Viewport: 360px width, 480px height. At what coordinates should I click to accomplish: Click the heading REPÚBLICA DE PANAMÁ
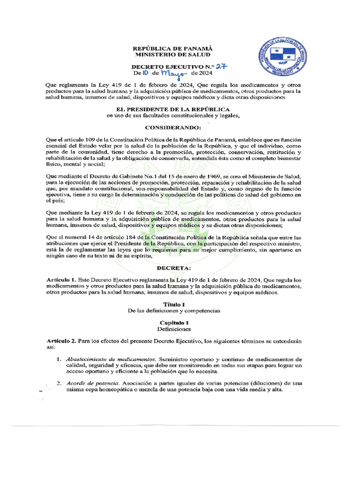point(173,48)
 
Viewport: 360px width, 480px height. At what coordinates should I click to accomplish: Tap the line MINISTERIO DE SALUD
point(173,55)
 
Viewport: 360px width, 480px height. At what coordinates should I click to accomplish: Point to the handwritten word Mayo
point(173,74)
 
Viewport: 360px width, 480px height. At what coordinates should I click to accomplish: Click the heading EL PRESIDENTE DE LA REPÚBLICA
point(173,109)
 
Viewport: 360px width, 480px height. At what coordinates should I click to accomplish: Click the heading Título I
point(173,304)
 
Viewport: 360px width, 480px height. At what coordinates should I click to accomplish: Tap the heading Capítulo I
point(173,322)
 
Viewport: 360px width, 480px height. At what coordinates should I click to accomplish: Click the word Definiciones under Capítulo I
point(173,329)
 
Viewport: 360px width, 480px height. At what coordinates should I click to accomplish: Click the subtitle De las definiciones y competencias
point(173,311)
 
